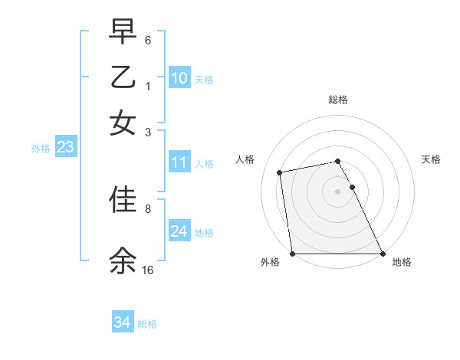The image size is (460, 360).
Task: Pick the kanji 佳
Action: click(123, 199)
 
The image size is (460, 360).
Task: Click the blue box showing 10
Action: click(179, 77)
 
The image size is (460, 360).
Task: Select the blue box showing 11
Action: click(179, 162)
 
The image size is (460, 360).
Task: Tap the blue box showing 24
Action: click(179, 231)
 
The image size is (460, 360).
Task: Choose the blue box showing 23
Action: click(65, 148)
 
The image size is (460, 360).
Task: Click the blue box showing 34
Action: click(122, 322)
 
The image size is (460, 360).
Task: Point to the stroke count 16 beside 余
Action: click(148, 270)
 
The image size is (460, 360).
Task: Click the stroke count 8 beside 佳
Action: click(148, 208)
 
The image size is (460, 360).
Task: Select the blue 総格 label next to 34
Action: click(147, 324)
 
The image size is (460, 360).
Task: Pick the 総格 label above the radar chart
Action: click(338, 100)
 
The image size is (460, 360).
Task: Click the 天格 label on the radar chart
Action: click(432, 159)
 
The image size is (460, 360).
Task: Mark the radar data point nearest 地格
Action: click(383, 254)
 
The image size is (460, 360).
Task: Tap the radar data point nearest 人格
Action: click(281, 172)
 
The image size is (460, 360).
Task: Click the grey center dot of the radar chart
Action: click(338, 191)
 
